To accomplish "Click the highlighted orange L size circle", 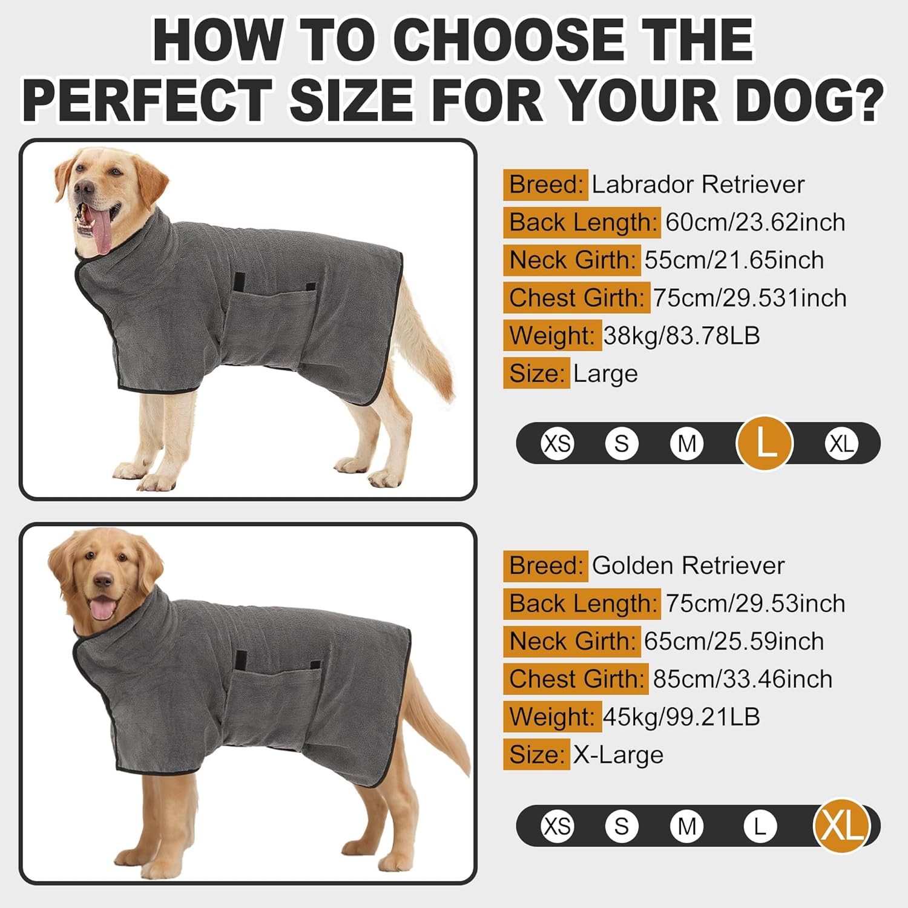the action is click(765, 444).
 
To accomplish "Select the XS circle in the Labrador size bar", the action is click(557, 444).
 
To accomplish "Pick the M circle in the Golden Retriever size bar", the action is click(686, 826).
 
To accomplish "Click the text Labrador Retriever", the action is click(698, 185).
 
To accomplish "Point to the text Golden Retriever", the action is click(688, 566).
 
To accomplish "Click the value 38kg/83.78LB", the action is click(682, 335).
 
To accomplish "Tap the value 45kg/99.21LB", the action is click(682, 717).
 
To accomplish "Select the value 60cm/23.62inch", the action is click(755, 222).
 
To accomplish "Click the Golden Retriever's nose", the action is click(104, 581).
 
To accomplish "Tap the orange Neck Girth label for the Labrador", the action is click(572, 260).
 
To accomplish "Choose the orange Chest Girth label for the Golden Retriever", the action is click(576, 679).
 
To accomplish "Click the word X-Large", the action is click(618, 755).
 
